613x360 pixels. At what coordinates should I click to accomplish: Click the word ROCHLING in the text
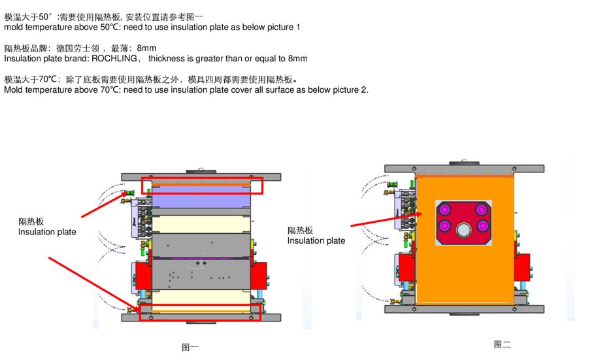click(x=114, y=59)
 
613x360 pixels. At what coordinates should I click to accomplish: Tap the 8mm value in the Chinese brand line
click(x=146, y=48)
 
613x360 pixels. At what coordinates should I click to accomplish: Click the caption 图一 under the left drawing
click(x=190, y=347)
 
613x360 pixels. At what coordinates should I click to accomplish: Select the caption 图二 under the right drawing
click(x=502, y=344)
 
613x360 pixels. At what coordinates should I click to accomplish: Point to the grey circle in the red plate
click(x=463, y=229)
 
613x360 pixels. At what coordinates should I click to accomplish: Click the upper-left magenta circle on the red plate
click(x=444, y=210)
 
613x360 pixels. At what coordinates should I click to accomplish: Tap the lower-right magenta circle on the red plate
click(x=482, y=225)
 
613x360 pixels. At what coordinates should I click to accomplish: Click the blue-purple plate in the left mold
click(x=201, y=197)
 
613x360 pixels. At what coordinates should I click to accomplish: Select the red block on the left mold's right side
click(x=258, y=276)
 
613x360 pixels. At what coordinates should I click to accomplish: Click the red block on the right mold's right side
click(x=522, y=267)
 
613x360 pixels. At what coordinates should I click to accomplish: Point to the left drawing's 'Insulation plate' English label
click(x=47, y=232)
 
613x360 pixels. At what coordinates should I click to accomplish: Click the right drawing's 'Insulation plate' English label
click(x=316, y=241)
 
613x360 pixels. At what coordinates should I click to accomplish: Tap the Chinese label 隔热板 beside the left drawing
click(x=31, y=221)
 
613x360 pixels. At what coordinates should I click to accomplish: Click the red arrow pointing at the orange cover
click(x=387, y=220)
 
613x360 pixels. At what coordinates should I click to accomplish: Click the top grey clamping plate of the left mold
click(x=201, y=177)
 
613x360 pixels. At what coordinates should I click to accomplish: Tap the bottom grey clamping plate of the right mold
click(x=465, y=309)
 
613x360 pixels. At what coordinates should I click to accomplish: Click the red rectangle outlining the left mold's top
click(x=202, y=178)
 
